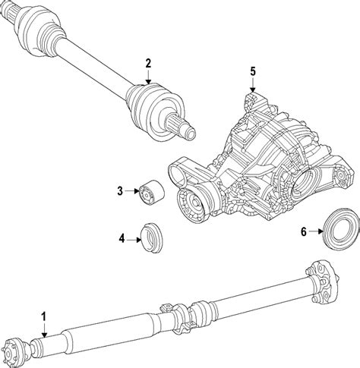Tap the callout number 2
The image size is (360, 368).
coord(148,63)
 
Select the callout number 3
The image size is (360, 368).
coord(120,191)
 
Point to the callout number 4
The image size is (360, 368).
coord(122,238)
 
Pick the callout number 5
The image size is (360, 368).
coord(253,71)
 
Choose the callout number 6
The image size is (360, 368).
coord(304,231)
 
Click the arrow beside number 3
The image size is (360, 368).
coord(132,191)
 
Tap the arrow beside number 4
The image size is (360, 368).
coord(134,239)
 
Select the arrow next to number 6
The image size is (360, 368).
coord(316,231)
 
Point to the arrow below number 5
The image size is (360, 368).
coord(252,85)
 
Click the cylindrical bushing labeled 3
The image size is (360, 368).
coord(152,192)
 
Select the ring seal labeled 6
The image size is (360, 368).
coord(342,230)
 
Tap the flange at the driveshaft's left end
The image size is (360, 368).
coord(9,349)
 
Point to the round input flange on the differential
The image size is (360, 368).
coord(191,203)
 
